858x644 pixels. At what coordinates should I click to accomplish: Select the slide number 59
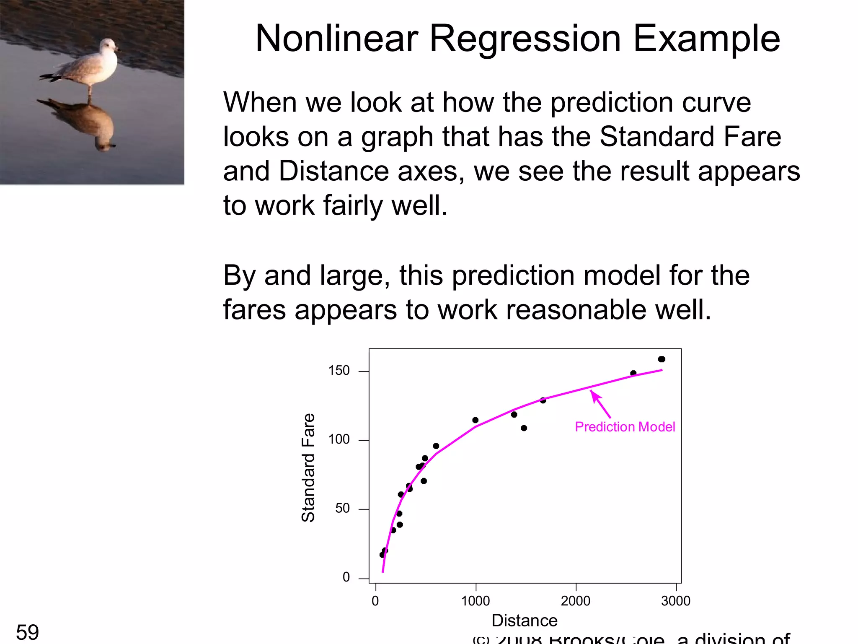(x=27, y=632)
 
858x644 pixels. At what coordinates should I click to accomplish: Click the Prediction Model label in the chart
(x=625, y=427)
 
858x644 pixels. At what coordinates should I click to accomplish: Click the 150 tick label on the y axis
(x=339, y=371)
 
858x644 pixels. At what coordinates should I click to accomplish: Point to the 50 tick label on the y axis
(x=342, y=508)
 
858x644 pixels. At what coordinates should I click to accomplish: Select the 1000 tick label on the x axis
(x=476, y=601)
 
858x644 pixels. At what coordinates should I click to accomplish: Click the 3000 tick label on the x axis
(x=675, y=601)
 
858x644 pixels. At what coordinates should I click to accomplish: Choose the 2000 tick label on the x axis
(x=576, y=601)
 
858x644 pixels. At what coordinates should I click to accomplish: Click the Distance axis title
(x=524, y=621)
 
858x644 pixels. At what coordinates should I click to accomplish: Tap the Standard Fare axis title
(x=308, y=467)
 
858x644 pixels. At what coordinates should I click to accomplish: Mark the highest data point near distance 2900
(x=662, y=359)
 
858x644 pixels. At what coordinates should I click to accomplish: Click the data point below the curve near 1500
(x=524, y=428)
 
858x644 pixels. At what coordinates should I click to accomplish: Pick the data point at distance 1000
(x=475, y=420)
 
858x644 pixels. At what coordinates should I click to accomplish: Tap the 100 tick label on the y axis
(x=339, y=439)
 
